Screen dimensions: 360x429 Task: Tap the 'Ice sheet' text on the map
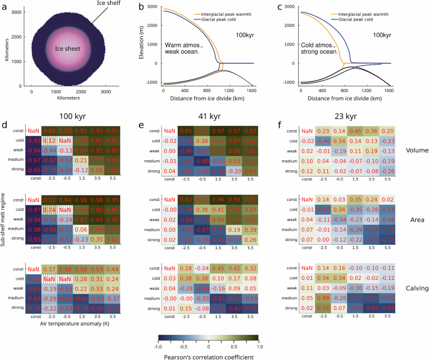[66, 48]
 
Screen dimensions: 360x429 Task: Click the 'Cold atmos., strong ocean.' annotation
[320, 51]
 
